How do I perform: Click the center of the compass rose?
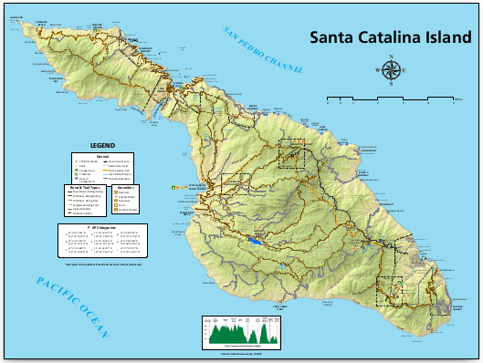coord(392,70)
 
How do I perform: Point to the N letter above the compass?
coord(392,57)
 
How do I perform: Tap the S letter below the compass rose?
coord(392,84)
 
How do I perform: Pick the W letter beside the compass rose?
coord(377,70)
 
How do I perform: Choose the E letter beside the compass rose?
coord(405,70)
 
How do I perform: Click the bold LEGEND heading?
coord(102,145)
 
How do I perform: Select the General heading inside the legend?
coord(102,155)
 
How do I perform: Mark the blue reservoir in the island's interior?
coord(256,243)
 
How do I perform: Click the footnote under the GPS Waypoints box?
coord(102,265)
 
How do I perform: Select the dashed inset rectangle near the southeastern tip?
coord(390,290)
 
